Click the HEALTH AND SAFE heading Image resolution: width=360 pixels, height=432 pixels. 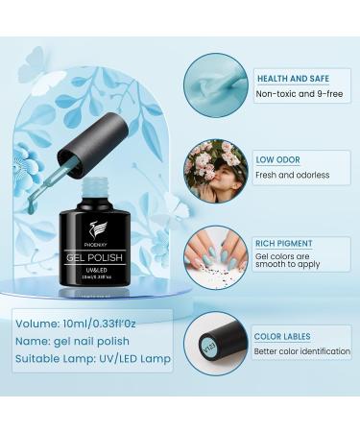tap(297, 78)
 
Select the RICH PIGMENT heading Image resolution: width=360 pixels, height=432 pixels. tap(287, 243)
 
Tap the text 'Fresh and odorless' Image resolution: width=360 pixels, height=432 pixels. tap(292, 175)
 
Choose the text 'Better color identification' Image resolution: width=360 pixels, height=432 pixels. tap(302, 352)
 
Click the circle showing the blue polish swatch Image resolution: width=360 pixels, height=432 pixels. tap(216, 84)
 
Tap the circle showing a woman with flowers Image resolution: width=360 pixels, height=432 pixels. tap(216, 169)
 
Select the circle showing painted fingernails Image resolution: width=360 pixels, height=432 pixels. tap(216, 256)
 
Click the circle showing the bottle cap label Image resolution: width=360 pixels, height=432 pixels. tap(216, 343)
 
